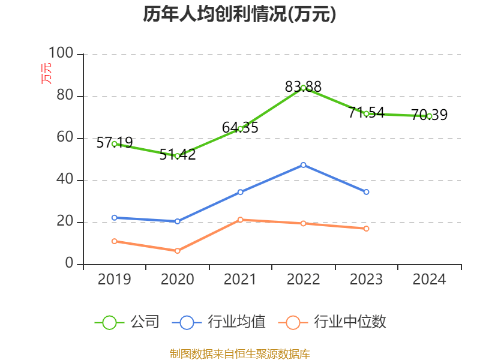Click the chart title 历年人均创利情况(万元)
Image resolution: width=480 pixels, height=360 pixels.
tap(239, 14)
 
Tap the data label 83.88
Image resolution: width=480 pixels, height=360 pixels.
tap(303, 86)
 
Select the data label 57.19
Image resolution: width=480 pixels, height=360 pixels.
tap(114, 143)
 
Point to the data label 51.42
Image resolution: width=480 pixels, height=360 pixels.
tap(178, 154)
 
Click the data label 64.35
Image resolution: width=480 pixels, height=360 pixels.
tap(240, 127)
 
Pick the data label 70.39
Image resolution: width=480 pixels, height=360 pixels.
tap(430, 115)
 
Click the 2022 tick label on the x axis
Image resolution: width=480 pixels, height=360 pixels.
tap(303, 279)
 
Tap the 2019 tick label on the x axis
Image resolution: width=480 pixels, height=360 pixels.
tap(114, 279)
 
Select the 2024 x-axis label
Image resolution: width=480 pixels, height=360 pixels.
tap(430, 279)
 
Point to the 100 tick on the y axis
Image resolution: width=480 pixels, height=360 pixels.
tap(61, 54)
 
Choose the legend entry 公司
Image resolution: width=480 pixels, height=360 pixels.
tap(127, 322)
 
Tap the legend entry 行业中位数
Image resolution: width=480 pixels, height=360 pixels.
tap(334, 322)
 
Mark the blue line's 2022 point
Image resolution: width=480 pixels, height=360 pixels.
tap(303, 164)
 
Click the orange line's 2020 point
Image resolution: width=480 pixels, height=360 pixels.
tap(177, 251)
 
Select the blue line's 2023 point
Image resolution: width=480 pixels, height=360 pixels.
tap(367, 192)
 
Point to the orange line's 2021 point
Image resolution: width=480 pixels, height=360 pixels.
tap(240, 220)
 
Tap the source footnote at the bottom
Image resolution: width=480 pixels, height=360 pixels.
tap(239, 353)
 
